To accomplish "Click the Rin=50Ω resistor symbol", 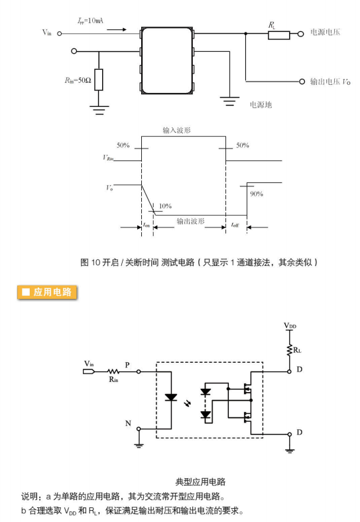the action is (x=99, y=80).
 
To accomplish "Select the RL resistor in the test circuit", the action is (x=279, y=35).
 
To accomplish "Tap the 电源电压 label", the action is (x=325, y=32).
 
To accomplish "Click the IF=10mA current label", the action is (x=90, y=21).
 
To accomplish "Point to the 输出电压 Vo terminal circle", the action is (x=302, y=82).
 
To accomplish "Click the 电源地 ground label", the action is (x=261, y=105).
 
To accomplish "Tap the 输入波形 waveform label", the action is (x=176, y=130).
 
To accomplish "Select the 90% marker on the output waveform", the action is (x=256, y=194).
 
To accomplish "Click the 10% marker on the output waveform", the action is (x=165, y=206).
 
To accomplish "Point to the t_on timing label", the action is (x=147, y=226).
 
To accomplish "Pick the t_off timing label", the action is (x=235, y=226).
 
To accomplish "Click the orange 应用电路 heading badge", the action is (x=47, y=293).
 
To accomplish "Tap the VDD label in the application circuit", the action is (x=290, y=326).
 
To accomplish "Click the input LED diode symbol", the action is (x=171, y=397).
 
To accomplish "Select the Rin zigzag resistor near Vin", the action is (x=113, y=371).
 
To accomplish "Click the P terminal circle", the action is (x=139, y=371).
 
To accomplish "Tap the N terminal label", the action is (x=128, y=423).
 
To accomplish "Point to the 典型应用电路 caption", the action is (x=200, y=482).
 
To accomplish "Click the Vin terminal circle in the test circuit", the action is (x=60, y=33).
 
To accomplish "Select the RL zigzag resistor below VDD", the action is (x=289, y=350).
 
